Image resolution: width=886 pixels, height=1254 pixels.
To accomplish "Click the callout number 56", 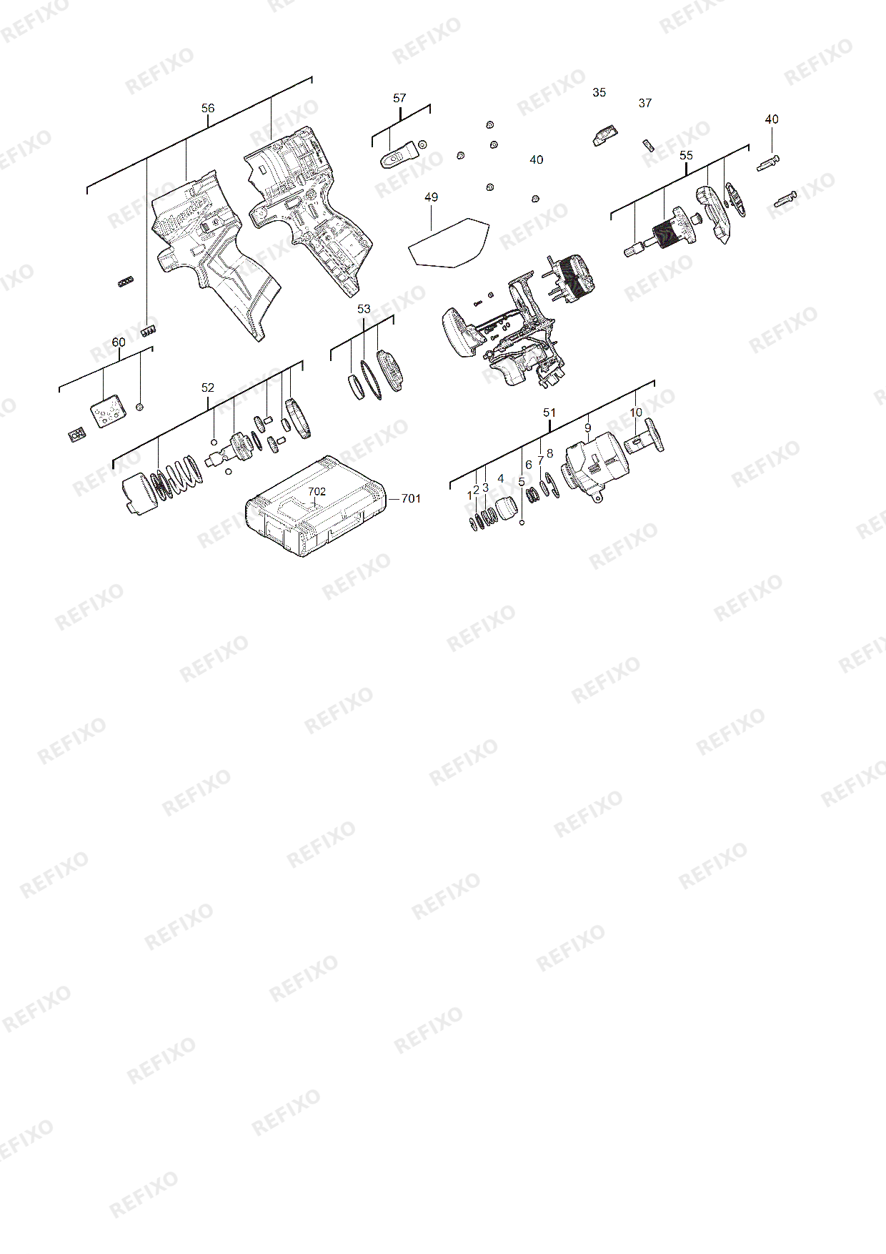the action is tap(207, 109).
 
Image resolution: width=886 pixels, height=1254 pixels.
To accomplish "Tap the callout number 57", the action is tap(399, 98).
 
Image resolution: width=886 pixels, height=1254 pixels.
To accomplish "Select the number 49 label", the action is tap(431, 197).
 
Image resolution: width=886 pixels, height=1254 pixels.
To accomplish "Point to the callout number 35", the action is tap(599, 92).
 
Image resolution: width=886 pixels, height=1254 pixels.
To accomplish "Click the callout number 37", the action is tap(644, 103).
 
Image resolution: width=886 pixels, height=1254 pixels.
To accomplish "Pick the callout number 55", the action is tap(686, 156).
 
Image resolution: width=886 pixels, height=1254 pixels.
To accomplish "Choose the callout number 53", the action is tap(364, 309).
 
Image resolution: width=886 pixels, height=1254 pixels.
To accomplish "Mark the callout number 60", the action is tap(119, 342).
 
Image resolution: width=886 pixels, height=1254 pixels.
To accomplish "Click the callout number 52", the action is tap(207, 387).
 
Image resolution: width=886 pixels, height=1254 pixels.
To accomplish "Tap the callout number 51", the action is tap(549, 413).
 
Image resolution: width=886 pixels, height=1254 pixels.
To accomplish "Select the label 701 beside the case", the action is tap(411, 498).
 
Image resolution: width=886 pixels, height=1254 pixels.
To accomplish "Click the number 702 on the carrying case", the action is tap(317, 491).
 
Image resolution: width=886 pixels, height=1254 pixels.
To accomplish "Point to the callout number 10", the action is tap(636, 413).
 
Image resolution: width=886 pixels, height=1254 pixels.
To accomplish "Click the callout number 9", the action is tap(587, 428).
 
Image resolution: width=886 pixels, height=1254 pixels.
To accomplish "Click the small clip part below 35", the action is tap(605, 135).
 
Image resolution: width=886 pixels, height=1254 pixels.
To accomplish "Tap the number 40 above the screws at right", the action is tap(772, 119).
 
